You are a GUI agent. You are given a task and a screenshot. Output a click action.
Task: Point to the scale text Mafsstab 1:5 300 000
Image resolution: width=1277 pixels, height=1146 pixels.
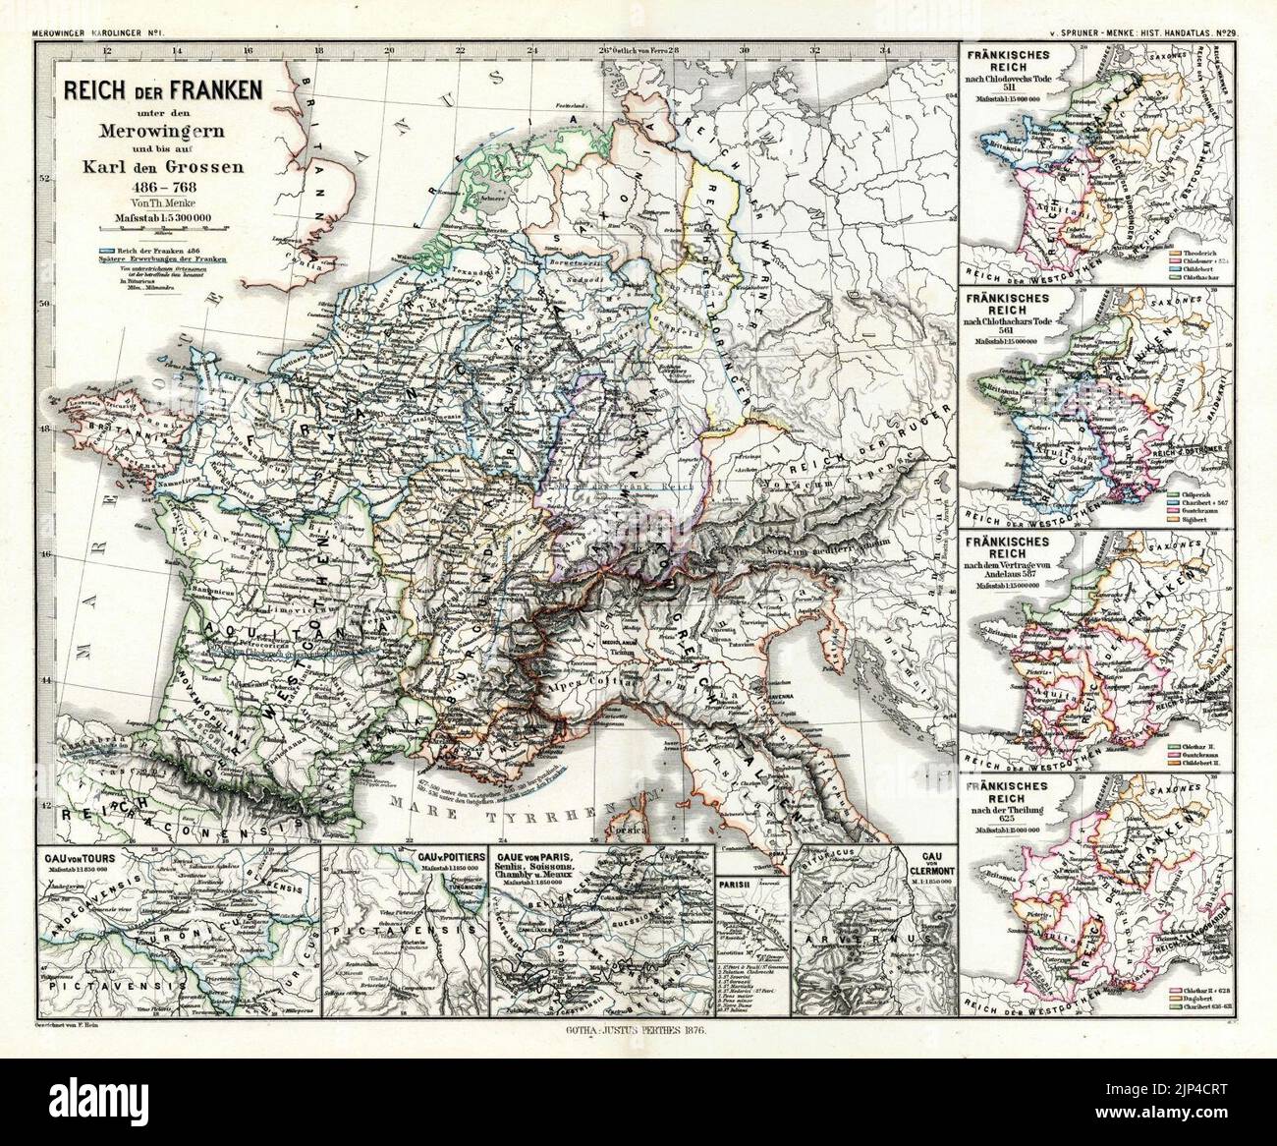[x=162, y=217]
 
